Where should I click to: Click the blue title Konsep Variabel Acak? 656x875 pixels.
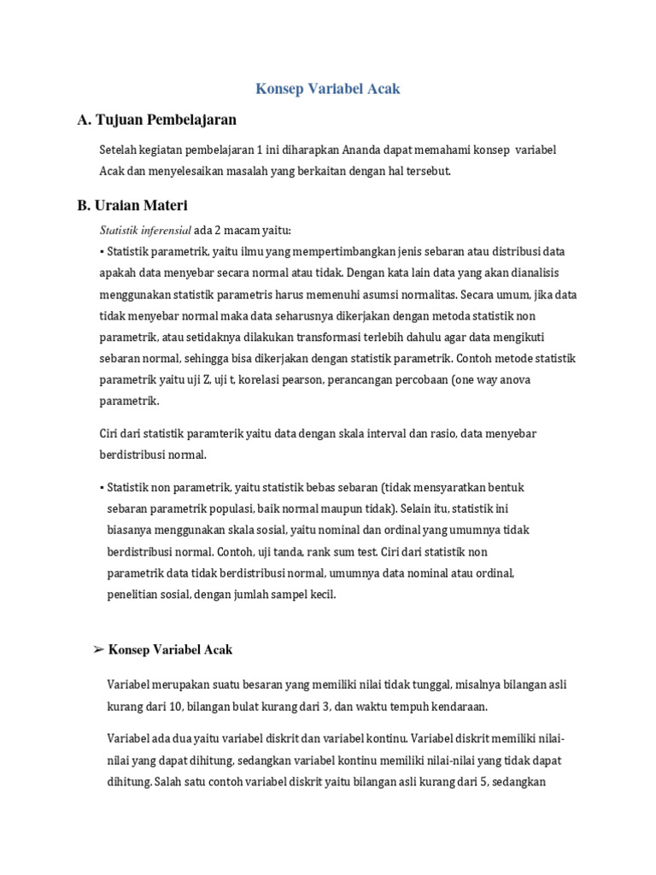[328, 88]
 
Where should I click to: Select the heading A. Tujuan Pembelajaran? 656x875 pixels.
[156, 119]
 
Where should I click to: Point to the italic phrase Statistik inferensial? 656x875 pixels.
[145, 230]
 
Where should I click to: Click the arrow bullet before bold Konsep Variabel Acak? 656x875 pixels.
[98, 650]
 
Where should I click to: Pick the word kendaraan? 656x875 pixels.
[455, 707]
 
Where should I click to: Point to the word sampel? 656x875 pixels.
[285, 594]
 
